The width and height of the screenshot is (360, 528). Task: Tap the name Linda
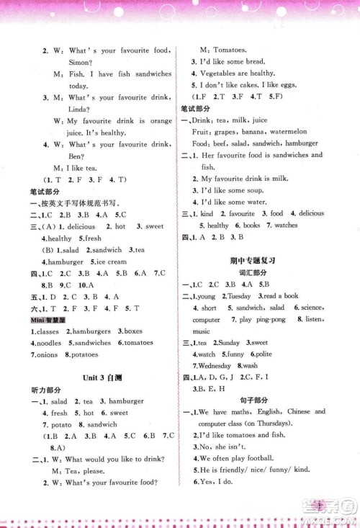pyautogui.click(x=66, y=109)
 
